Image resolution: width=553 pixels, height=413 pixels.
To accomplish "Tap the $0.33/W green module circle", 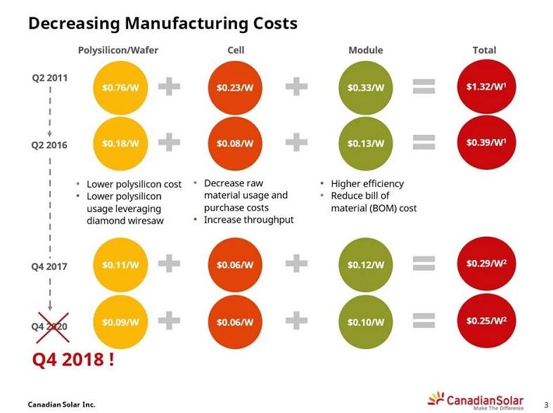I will [x=365, y=88].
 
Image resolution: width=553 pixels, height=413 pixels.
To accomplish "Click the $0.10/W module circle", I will [x=365, y=322].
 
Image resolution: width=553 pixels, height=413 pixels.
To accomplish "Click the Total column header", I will [x=484, y=51].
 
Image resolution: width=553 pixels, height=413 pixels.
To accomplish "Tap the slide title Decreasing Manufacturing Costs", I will [x=162, y=23].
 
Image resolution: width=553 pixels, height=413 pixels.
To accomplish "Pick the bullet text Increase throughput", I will [x=248, y=220].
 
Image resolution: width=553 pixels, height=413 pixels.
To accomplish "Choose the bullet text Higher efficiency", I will [x=367, y=184].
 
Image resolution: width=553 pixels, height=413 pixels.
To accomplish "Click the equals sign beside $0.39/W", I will [x=424, y=143].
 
